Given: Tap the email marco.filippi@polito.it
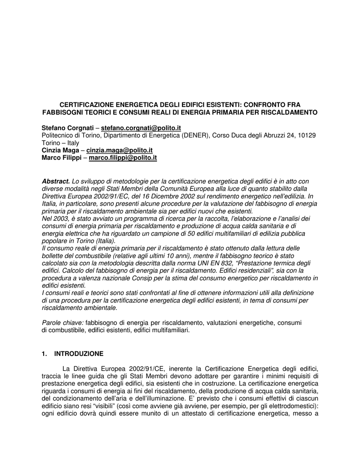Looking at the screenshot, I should pos(122,157).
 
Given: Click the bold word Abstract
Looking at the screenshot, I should pos(56,182).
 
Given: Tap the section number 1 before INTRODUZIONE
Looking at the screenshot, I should pos(44,353).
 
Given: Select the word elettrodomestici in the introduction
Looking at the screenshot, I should pos(292,406).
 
